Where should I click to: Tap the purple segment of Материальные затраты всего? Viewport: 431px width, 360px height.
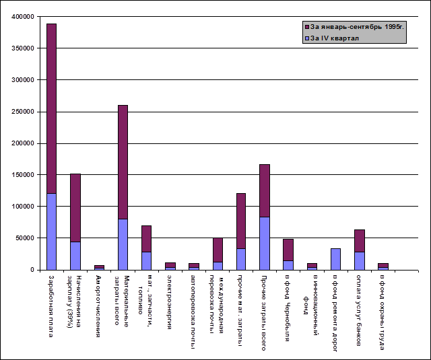coord(123,161)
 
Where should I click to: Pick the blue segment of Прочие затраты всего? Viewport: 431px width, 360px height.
coord(265,243)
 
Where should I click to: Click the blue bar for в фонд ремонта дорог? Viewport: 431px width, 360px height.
coord(335,259)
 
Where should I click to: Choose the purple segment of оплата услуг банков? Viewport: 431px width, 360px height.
coord(359,240)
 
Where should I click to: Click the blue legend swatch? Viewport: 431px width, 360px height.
coord(307,38)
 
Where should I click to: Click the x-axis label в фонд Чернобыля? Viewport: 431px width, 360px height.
coord(288,303)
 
